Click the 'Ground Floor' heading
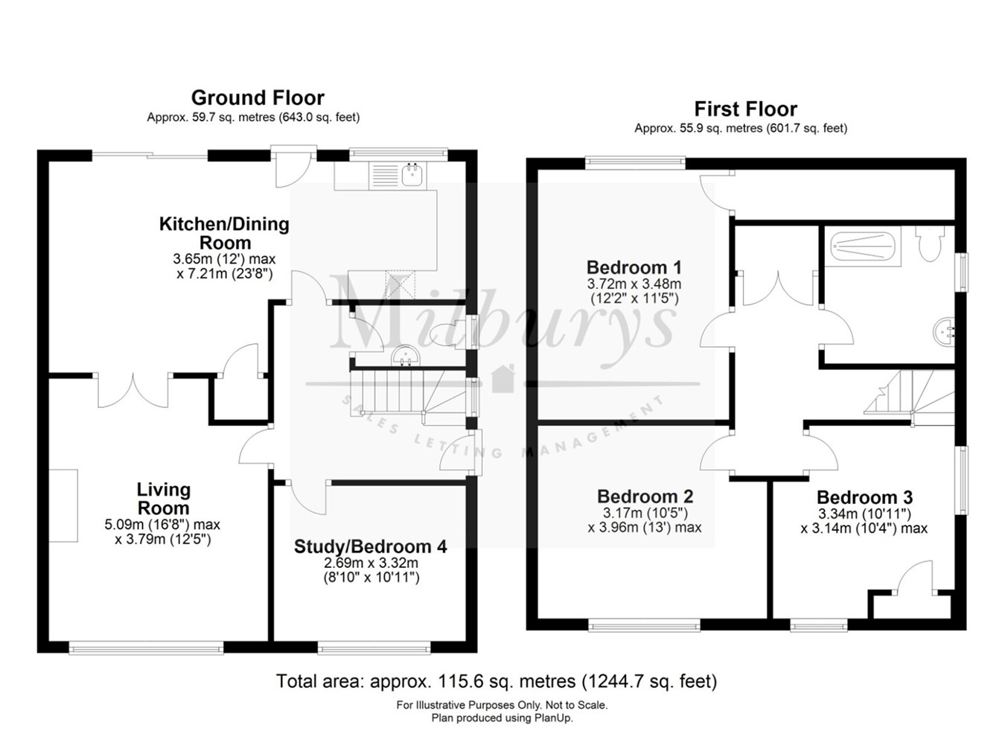click(258, 98)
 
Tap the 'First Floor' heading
click(745, 109)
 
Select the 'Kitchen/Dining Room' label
click(224, 233)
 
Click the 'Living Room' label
click(163, 499)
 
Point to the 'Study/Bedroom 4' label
click(370, 546)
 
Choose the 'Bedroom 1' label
click(634, 267)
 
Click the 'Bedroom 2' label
click(645, 497)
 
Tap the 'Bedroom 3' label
click(864, 497)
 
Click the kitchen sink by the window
click(412, 175)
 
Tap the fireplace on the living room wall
click(64, 505)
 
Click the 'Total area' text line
click(496, 681)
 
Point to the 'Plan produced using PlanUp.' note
click(502, 718)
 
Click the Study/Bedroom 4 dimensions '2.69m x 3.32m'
click(370, 563)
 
